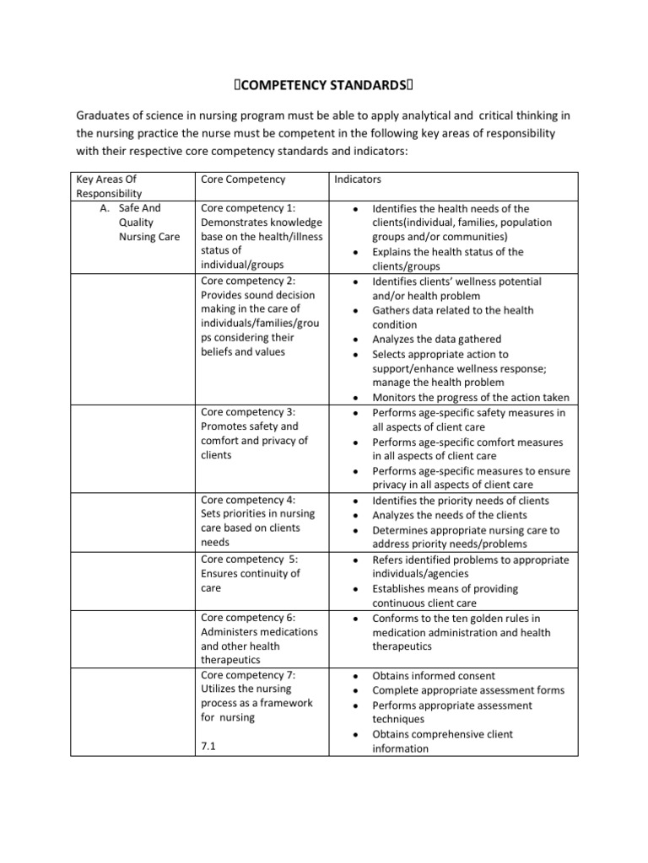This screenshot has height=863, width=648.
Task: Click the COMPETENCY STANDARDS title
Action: [x=323, y=84]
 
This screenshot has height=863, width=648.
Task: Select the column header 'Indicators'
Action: [x=359, y=180]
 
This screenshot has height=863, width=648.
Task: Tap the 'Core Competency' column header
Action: [x=243, y=180]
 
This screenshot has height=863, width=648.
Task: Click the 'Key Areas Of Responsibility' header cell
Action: [x=106, y=185]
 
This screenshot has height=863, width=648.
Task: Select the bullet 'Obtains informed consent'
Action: [x=434, y=676]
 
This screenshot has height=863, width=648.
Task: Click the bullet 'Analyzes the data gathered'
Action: [x=437, y=340]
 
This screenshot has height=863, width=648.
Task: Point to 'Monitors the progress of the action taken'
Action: [x=470, y=398]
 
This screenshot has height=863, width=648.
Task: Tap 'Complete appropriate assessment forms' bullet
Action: [x=468, y=690]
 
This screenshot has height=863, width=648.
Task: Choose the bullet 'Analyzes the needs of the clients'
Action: [x=449, y=515]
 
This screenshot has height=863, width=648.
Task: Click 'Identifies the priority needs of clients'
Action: [x=460, y=501]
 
